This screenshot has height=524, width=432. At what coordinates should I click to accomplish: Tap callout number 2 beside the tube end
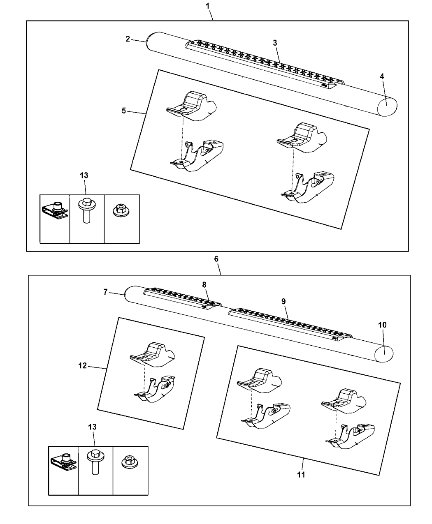point(128,39)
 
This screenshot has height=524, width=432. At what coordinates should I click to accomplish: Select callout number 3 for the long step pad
point(275,43)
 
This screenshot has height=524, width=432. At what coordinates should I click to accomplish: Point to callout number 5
point(124,111)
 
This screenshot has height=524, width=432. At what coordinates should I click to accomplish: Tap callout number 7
point(105,292)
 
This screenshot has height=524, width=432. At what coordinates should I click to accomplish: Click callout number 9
point(283,301)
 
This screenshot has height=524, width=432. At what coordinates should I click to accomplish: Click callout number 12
point(83,365)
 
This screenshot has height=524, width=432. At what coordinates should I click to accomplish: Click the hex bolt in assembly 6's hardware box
point(95,462)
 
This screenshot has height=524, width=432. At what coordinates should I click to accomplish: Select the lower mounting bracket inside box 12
point(156,388)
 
